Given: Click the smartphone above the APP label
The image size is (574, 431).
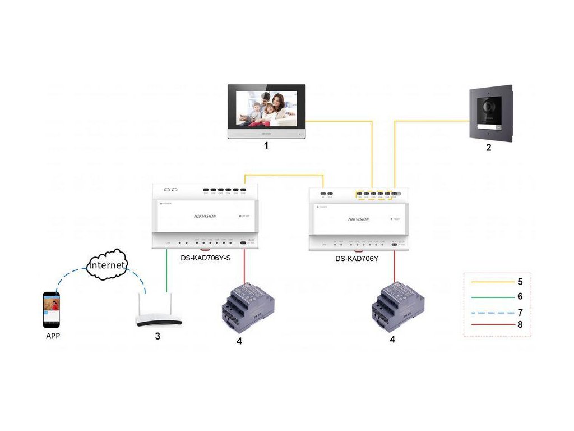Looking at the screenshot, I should tap(51, 309).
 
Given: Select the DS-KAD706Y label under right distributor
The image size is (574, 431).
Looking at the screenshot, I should tap(357, 259).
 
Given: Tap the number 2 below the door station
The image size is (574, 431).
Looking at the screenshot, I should tap(489, 148).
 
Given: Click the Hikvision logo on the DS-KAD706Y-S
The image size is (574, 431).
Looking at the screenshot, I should tap(205, 216).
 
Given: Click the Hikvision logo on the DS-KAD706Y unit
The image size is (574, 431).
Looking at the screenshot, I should tap(359, 219).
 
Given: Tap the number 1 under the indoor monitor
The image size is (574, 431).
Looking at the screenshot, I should tap(266, 146).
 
